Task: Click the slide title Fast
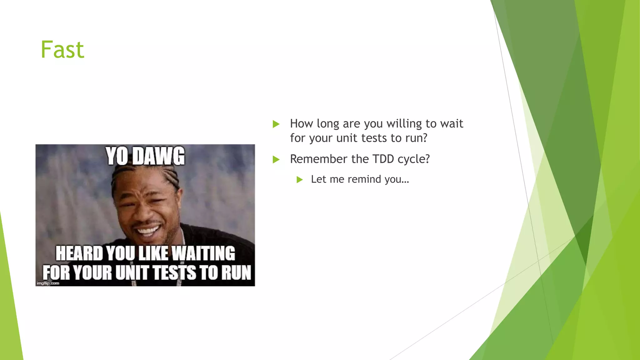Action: click(x=62, y=50)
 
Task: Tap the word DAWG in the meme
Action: click(x=158, y=156)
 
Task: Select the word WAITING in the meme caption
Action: click(x=203, y=253)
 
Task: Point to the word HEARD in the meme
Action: click(x=79, y=253)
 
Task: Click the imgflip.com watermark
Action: click(x=48, y=283)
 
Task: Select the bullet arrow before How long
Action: click(x=276, y=124)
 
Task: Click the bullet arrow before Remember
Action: click(x=276, y=159)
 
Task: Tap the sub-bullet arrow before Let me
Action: click(x=300, y=180)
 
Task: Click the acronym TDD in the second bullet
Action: click(x=383, y=159)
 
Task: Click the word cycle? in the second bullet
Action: click(x=414, y=159)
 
